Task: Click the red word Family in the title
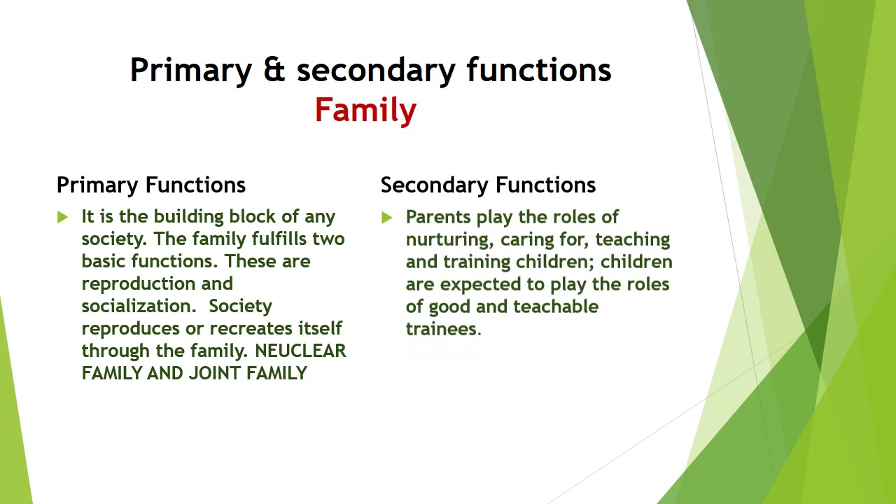pos(365,111)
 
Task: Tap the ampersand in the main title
pos(274,70)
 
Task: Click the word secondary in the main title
pos(376,71)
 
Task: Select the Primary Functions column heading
pos(150,185)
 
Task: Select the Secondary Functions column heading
pos(488,185)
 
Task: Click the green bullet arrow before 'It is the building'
pos(62,217)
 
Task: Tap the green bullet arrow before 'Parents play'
pos(386,218)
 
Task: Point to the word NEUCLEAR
pos(300,351)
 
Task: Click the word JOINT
pos(214,373)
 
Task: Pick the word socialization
pos(139,306)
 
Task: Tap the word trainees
pos(444,329)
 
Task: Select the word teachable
pos(556,307)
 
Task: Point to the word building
pos(189,218)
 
